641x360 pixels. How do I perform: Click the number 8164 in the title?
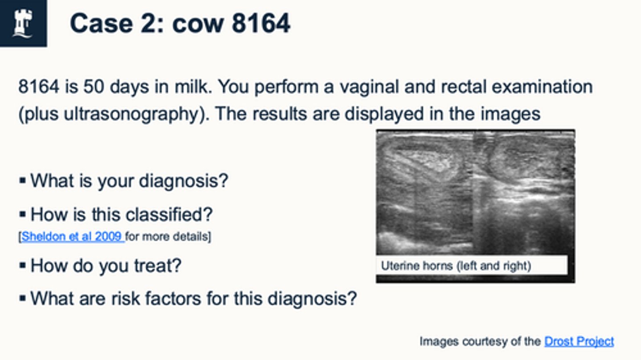pyautogui.click(x=261, y=23)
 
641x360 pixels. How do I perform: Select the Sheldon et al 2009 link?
pyautogui.click(x=73, y=236)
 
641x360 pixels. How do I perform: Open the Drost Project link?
pyautogui.click(x=579, y=341)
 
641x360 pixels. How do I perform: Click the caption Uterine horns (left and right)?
pyautogui.click(x=456, y=266)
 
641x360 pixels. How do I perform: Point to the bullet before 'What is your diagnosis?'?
pyautogui.click(x=23, y=181)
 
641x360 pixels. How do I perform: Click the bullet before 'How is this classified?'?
pyautogui.click(x=23, y=215)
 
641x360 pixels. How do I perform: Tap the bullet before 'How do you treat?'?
pyautogui.click(x=23, y=266)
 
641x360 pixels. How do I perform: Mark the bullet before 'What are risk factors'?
pyautogui.click(x=23, y=298)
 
